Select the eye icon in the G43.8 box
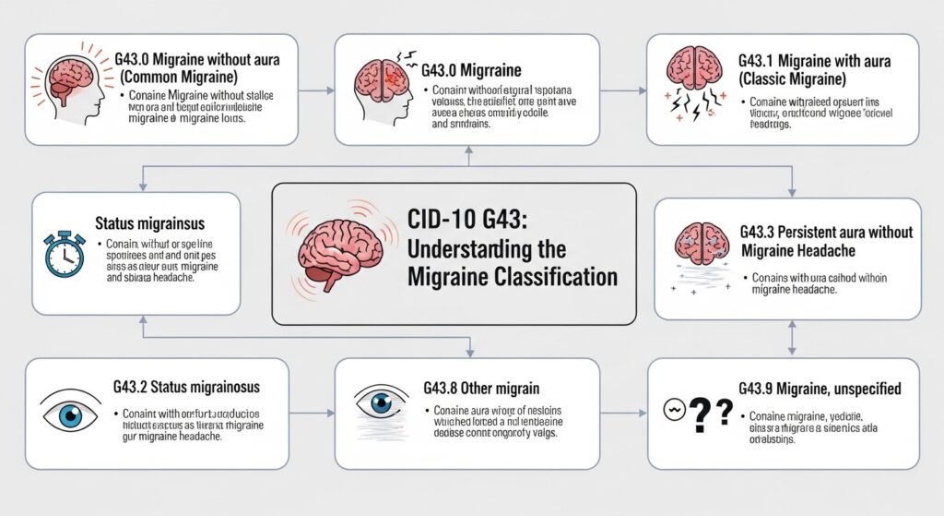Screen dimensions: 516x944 pos(381,404)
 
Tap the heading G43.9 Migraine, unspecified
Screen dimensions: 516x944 pos(820,390)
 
